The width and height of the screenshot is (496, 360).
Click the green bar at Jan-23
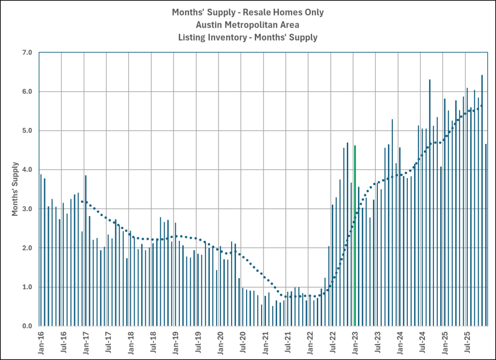coord(355,235)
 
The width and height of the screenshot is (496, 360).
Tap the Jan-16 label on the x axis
coord(41,341)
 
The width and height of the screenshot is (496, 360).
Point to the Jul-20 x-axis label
coord(243,341)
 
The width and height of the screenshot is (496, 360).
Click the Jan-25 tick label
coord(445,341)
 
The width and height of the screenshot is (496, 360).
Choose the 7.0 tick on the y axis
coord(27,52)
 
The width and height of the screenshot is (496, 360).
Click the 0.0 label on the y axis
coord(27,326)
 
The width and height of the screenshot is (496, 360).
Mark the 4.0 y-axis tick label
coord(27,170)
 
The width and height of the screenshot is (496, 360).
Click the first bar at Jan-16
coord(41,250)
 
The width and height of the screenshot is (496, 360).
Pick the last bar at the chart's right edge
coord(486,235)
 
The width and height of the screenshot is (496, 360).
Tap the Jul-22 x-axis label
coord(333,341)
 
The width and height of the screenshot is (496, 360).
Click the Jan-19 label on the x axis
coord(175,341)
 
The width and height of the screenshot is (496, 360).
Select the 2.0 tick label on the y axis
coord(27,248)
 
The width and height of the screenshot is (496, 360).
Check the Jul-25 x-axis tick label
coord(467,341)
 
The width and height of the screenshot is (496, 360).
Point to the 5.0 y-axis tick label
coord(27,131)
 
